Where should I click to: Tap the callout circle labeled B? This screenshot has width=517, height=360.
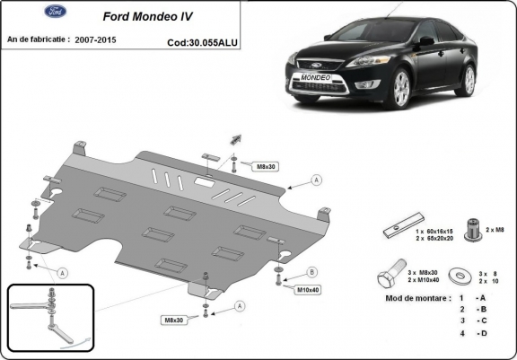click(x=312, y=272)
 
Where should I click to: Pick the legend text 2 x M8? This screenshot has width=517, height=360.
click(x=495, y=230)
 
